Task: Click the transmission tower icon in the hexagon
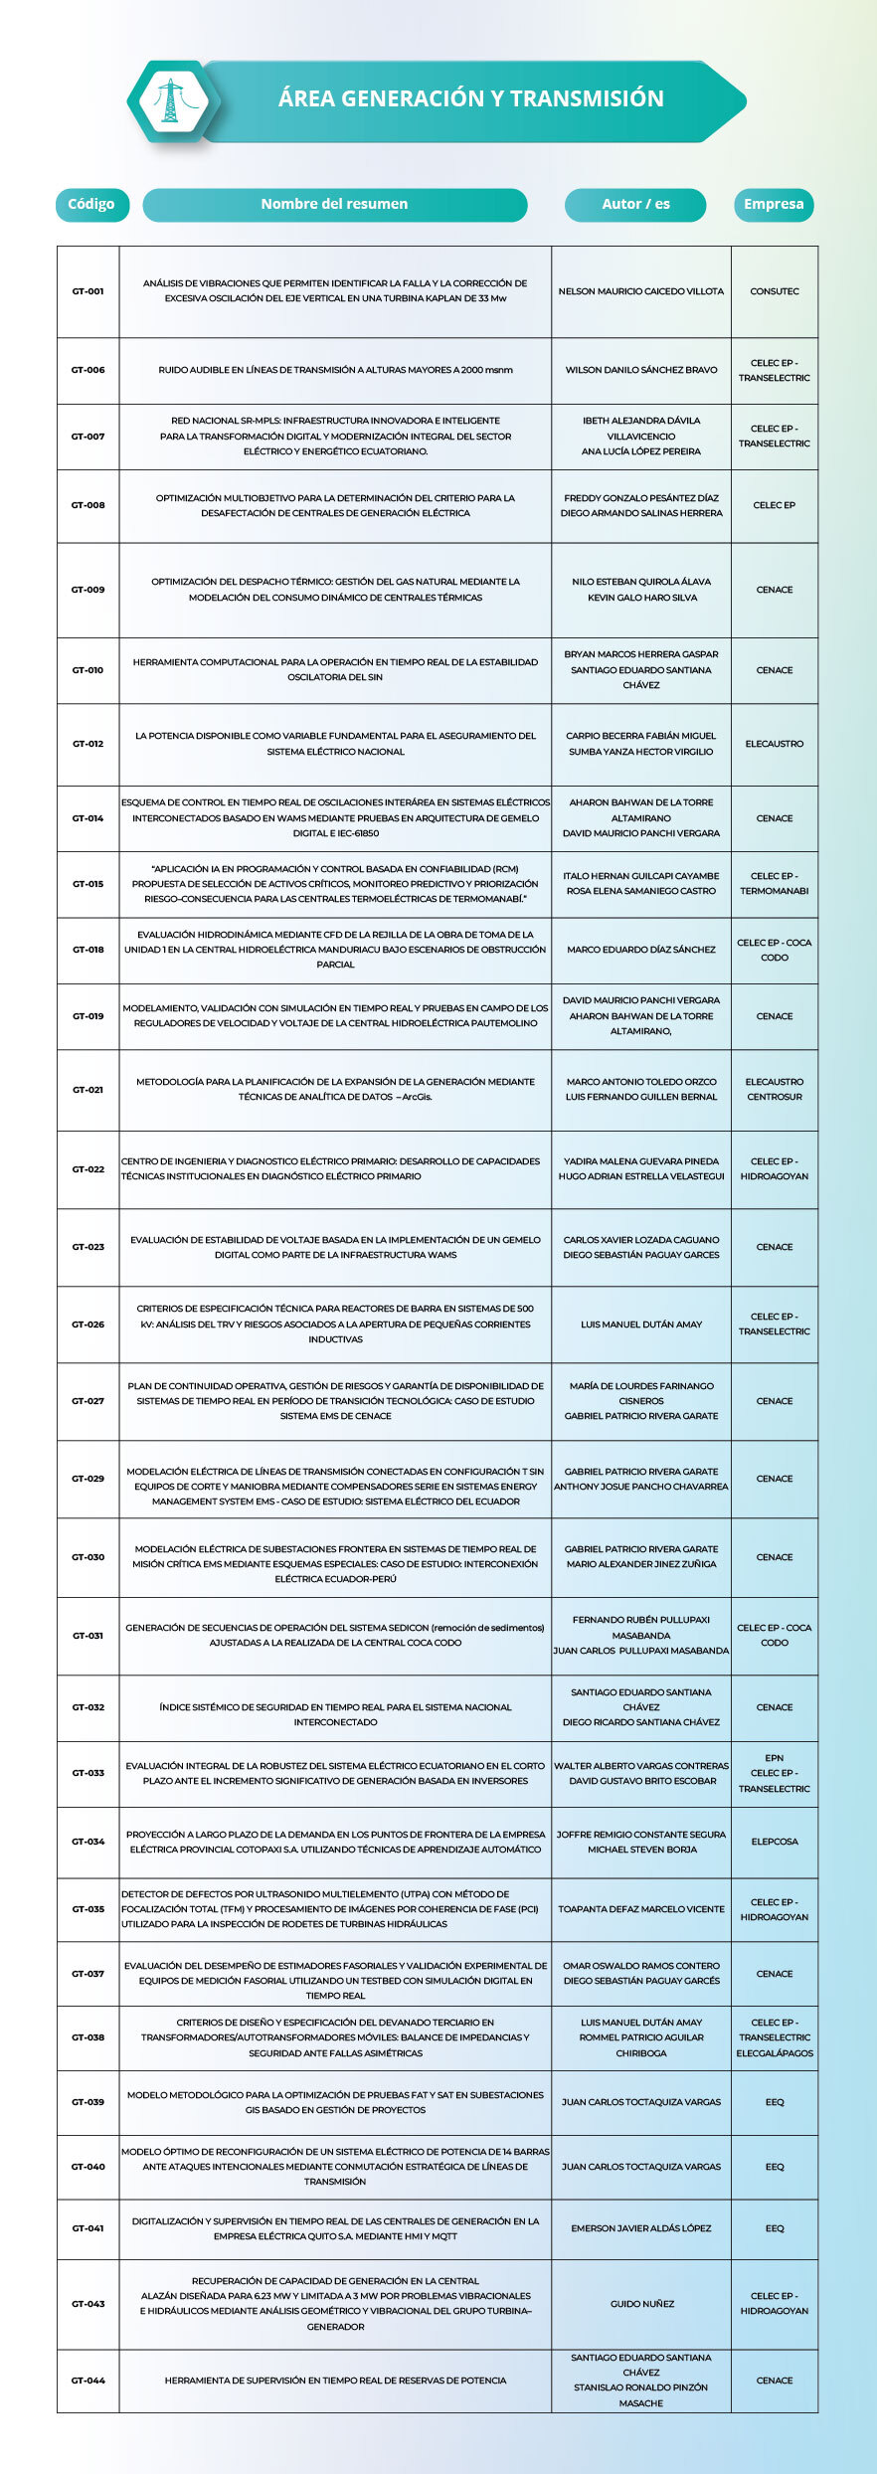(x=170, y=100)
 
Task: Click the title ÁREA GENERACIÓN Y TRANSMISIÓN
(x=470, y=98)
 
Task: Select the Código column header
(x=91, y=204)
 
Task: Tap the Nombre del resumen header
(x=334, y=204)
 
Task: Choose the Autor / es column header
(x=635, y=204)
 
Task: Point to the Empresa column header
(x=774, y=204)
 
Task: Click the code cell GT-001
(x=88, y=291)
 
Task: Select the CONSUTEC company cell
(x=775, y=291)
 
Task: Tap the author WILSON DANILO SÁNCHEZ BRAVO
(x=641, y=370)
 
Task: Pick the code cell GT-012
(x=88, y=744)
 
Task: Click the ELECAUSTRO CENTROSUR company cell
(x=775, y=1089)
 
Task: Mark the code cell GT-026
(x=88, y=1325)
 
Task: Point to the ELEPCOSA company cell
(x=775, y=1842)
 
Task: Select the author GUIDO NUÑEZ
(x=641, y=2304)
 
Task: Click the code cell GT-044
(x=88, y=2381)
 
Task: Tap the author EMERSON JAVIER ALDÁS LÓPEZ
(x=641, y=2228)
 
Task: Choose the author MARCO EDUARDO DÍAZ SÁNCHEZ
(x=641, y=950)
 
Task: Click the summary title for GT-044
(x=335, y=2381)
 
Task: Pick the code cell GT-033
(x=88, y=1773)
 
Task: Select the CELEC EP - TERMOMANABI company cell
(x=775, y=884)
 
